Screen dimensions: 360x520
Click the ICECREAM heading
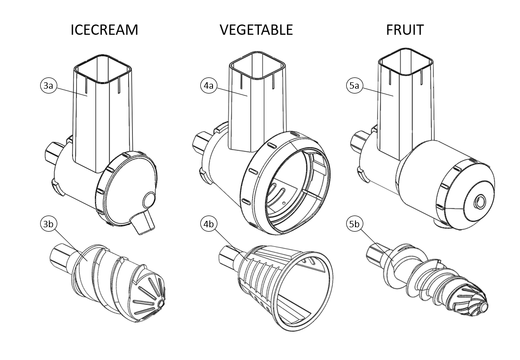click(x=104, y=30)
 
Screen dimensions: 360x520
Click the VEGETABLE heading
click(x=256, y=30)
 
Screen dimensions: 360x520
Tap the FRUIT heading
click(x=404, y=30)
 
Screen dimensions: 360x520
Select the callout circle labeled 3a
click(x=48, y=86)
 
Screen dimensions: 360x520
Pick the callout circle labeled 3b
click(x=48, y=224)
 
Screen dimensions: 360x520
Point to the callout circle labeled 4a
click(x=209, y=86)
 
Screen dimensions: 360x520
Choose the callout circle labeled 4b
click(x=209, y=224)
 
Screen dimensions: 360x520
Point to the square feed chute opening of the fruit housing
click(x=406, y=61)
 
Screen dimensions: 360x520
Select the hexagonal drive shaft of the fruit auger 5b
click(x=377, y=254)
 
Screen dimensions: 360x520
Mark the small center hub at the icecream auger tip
click(x=161, y=304)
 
